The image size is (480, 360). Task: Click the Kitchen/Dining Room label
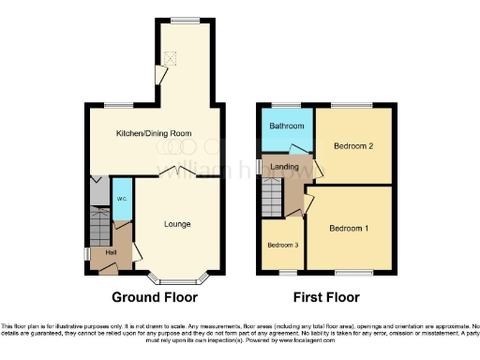click(154, 134)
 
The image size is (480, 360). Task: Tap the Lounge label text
click(177, 224)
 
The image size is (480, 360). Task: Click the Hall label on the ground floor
click(111, 254)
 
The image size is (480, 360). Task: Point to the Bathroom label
click(287, 126)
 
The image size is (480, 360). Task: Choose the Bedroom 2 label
click(354, 146)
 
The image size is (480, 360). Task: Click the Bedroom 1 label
click(348, 228)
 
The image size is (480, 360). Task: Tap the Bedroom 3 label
click(282, 246)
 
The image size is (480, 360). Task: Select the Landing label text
click(284, 167)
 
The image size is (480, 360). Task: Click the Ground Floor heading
click(155, 298)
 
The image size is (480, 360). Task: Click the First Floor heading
click(327, 298)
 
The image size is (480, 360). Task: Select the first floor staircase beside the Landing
click(272, 199)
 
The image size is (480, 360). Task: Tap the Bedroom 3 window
click(284, 273)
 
